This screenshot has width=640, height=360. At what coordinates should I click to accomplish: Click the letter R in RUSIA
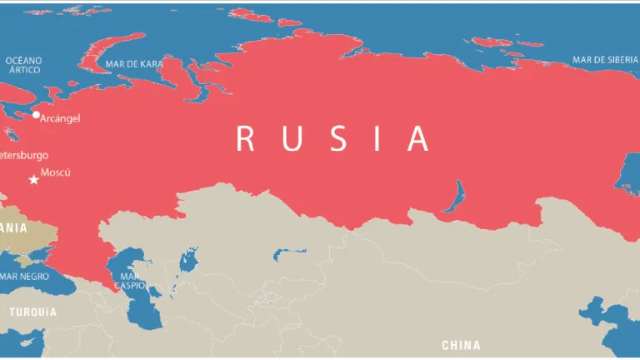click(245, 138)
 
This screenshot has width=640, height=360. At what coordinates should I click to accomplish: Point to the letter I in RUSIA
click(376, 138)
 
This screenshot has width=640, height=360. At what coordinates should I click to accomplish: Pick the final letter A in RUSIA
click(417, 138)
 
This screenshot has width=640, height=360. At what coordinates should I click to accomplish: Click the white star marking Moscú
click(34, 179)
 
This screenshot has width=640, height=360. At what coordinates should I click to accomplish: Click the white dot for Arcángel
click(36, 115)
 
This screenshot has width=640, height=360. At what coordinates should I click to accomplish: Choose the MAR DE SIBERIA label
click(605, 59)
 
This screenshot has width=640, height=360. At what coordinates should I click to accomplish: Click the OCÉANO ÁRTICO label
click(22, 65)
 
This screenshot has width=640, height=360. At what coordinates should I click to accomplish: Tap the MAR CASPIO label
click(130, 281)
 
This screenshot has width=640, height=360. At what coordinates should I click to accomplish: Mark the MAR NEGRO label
click(24, 276)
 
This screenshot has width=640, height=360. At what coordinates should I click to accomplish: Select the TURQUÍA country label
click(33, 312)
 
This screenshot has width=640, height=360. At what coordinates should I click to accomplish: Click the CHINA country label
click(461, 344)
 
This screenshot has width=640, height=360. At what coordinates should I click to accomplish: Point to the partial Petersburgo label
click(24, 155)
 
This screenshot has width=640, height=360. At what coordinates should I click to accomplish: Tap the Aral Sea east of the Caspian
click(189, 260)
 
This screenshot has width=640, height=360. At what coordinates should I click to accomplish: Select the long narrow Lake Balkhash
click(289, 252)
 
